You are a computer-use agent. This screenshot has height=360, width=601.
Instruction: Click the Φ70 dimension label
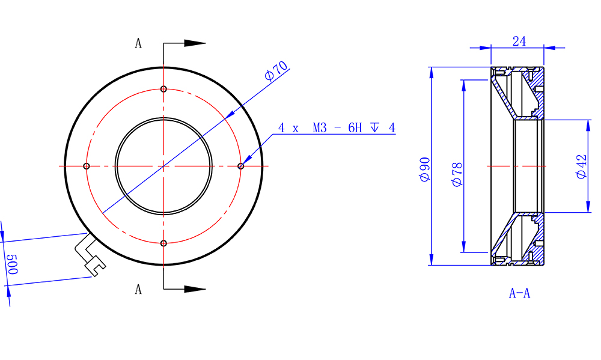276,71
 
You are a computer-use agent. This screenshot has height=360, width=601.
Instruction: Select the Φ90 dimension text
425,169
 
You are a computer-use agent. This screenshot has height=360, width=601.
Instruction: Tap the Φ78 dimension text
457,174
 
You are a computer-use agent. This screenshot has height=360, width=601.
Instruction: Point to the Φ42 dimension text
581,166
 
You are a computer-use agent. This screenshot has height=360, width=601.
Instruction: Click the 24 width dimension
519,41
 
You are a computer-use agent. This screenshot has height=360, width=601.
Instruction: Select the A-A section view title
519,293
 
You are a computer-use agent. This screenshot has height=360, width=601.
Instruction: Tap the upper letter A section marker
138,43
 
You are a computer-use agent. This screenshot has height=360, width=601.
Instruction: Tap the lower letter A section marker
138,289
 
